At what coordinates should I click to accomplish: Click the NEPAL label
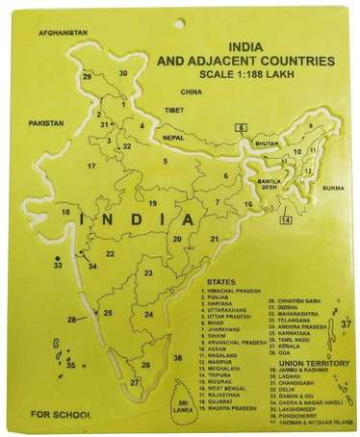[173, 138]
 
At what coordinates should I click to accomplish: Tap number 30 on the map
[123, 73]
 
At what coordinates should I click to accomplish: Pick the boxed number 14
[286, 220]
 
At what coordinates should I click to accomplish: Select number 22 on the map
[111, 254]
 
